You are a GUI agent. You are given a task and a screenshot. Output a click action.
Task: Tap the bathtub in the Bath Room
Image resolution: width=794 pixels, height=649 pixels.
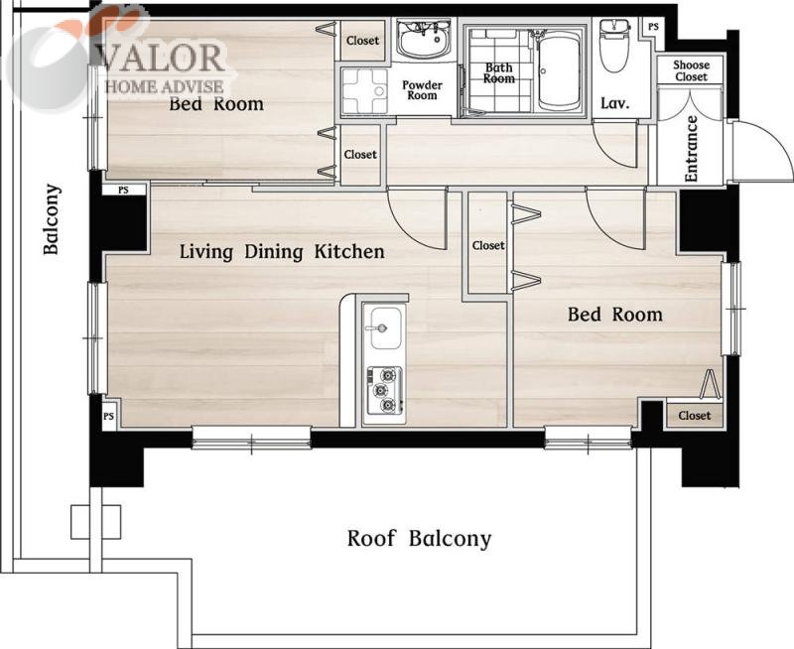coord(559,70)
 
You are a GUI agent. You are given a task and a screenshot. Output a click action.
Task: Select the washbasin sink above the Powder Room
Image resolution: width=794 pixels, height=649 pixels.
coord(424,41)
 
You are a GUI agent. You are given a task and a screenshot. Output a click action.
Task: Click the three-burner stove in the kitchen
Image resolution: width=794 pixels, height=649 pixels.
coord(384,390)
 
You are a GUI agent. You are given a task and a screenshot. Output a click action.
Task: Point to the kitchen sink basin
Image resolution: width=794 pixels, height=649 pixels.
coord(386,328)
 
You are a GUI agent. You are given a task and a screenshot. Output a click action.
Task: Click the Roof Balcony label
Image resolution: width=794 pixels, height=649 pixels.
coord(419,539)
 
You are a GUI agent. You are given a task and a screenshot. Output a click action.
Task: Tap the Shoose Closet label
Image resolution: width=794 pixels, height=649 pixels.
coord(691,70)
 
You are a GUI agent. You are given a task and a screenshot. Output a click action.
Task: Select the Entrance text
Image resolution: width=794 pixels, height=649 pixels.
coord(691,149)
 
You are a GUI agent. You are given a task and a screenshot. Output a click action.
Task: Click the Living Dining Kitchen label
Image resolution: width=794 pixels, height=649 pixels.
coord(282,252)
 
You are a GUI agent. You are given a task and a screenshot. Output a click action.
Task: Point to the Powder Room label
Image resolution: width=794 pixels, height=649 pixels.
coord(422,90)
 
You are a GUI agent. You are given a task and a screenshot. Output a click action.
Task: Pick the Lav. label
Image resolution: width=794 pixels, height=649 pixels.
coord(615,104)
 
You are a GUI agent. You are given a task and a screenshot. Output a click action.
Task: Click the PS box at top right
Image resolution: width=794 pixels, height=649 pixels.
coord(653,27)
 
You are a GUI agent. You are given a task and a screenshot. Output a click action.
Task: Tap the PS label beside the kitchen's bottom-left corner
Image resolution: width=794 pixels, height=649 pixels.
coord(108,417)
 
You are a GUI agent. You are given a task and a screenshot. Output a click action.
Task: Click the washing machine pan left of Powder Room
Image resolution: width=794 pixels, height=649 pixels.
coord(364,91)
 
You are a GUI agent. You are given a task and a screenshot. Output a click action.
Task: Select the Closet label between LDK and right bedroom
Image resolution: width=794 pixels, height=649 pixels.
coord(488,245)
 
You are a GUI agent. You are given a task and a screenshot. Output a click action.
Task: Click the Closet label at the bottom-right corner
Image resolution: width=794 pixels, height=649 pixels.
coord(694,416)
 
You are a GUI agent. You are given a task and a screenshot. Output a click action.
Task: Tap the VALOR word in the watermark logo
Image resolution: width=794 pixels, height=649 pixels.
coord(162,58)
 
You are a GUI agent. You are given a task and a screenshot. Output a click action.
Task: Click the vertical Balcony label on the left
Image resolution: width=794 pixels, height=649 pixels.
coord(52,219)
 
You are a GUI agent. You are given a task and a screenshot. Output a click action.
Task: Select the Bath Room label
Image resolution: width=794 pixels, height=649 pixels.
coord(499,72)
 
